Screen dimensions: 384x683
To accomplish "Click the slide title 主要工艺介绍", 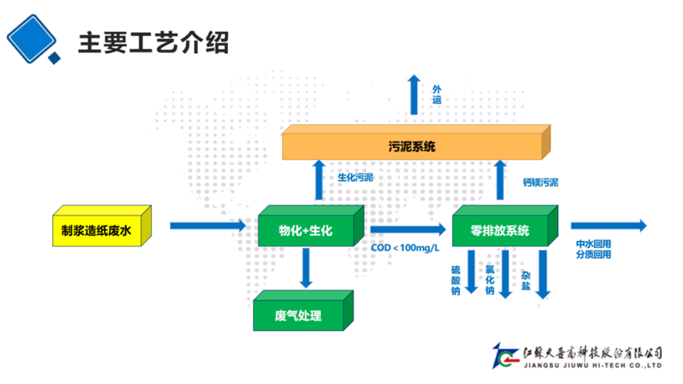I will (153, 43).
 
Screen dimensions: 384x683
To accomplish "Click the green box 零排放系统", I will (500, 231).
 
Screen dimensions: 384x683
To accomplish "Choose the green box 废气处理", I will (298, 316).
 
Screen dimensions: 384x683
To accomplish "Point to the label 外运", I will (437, 94).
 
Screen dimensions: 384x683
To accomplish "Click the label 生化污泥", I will (355, 178).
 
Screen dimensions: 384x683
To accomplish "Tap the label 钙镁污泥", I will (540, 183).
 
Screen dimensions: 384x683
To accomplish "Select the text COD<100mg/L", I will (405, 248).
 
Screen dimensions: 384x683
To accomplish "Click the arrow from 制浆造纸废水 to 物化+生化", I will (207, 226).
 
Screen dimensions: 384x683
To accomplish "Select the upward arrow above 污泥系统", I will (414, 97).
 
